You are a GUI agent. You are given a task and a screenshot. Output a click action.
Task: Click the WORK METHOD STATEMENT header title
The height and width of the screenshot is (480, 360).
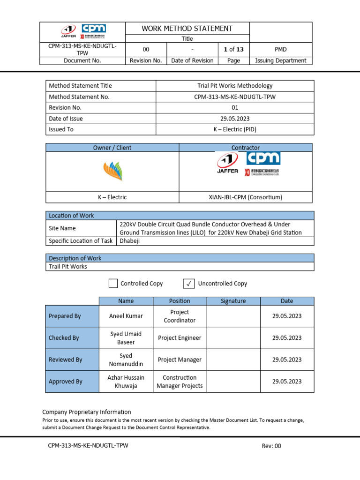187,29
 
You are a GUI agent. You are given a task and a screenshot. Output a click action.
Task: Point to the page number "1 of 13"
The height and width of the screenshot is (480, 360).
233,49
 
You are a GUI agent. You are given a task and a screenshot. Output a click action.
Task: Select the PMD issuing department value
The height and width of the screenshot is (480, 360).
280,49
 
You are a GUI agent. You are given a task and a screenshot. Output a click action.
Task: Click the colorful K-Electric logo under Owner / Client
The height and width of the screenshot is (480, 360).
112,171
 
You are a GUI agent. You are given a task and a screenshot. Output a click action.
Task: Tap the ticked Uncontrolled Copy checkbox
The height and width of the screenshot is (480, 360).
187,283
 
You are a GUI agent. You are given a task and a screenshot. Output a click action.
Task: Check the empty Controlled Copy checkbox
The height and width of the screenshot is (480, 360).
113,283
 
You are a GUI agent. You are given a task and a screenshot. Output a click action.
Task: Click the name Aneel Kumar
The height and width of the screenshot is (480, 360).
126,316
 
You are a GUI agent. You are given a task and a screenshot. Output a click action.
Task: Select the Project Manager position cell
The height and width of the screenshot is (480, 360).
180,360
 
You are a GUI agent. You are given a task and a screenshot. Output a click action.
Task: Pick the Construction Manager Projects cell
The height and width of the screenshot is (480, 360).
180,382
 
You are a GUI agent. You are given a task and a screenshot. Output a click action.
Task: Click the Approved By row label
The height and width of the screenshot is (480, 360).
65,382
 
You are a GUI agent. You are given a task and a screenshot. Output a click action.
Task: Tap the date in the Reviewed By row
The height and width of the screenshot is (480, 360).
287,360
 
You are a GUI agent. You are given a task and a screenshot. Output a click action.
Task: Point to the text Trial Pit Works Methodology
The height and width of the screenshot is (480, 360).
235,86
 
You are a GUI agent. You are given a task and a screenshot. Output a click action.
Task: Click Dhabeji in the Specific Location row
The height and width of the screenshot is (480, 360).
130,241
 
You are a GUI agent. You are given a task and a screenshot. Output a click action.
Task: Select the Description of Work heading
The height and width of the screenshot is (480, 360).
75,258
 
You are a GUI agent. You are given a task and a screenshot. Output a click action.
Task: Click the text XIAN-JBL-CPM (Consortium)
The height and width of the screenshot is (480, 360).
245,197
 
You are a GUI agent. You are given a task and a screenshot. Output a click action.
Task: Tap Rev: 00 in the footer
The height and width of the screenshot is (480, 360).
271,446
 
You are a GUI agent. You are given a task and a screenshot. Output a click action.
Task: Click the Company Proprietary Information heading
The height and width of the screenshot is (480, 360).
87,412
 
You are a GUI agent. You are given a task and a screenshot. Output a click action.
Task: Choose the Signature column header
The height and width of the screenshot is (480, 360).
233,301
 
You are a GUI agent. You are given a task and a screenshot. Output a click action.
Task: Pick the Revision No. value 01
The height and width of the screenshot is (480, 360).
235,107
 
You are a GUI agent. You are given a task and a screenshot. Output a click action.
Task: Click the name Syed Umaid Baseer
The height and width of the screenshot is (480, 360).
126,338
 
